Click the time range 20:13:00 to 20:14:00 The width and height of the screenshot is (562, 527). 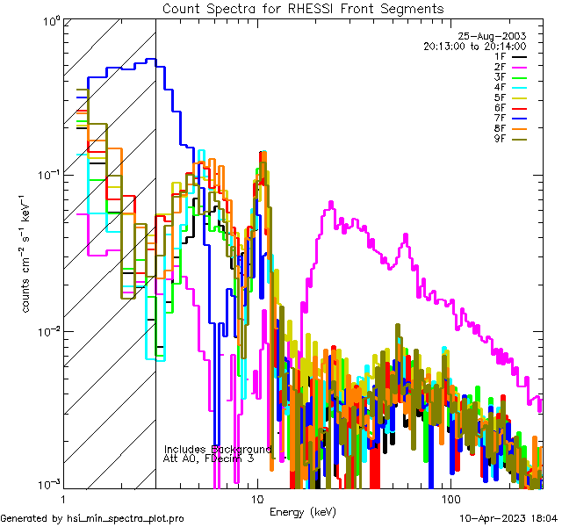click(474, 46)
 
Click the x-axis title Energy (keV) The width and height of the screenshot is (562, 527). click(302, 512)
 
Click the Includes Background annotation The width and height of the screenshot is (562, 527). click(218, 449)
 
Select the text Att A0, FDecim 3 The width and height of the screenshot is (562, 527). click(209, 458)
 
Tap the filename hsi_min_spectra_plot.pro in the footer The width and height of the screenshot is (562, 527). click(126, 519)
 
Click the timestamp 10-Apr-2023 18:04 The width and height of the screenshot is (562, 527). click(508, 519)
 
